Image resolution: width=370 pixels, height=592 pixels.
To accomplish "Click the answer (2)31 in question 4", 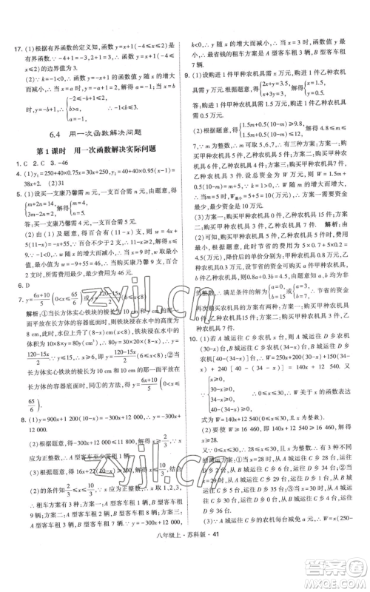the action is (x=36, y=184).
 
